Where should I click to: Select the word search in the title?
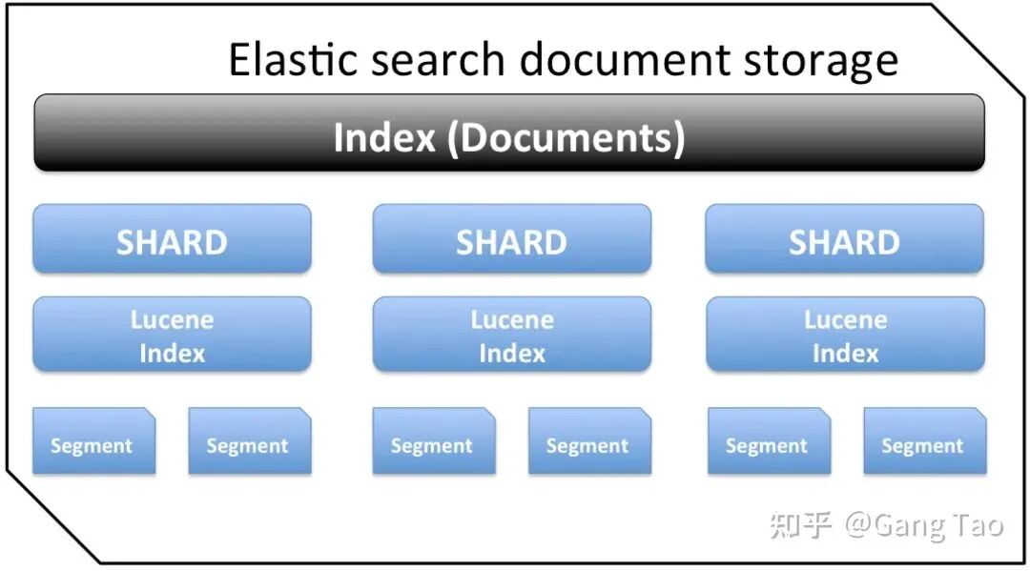440,59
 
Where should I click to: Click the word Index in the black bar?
383,137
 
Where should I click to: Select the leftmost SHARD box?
172,240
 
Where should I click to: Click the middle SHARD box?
511,240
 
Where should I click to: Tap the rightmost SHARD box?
844,240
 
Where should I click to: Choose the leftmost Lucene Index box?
172,336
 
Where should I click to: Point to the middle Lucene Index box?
511,336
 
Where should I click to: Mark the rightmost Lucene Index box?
845,336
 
